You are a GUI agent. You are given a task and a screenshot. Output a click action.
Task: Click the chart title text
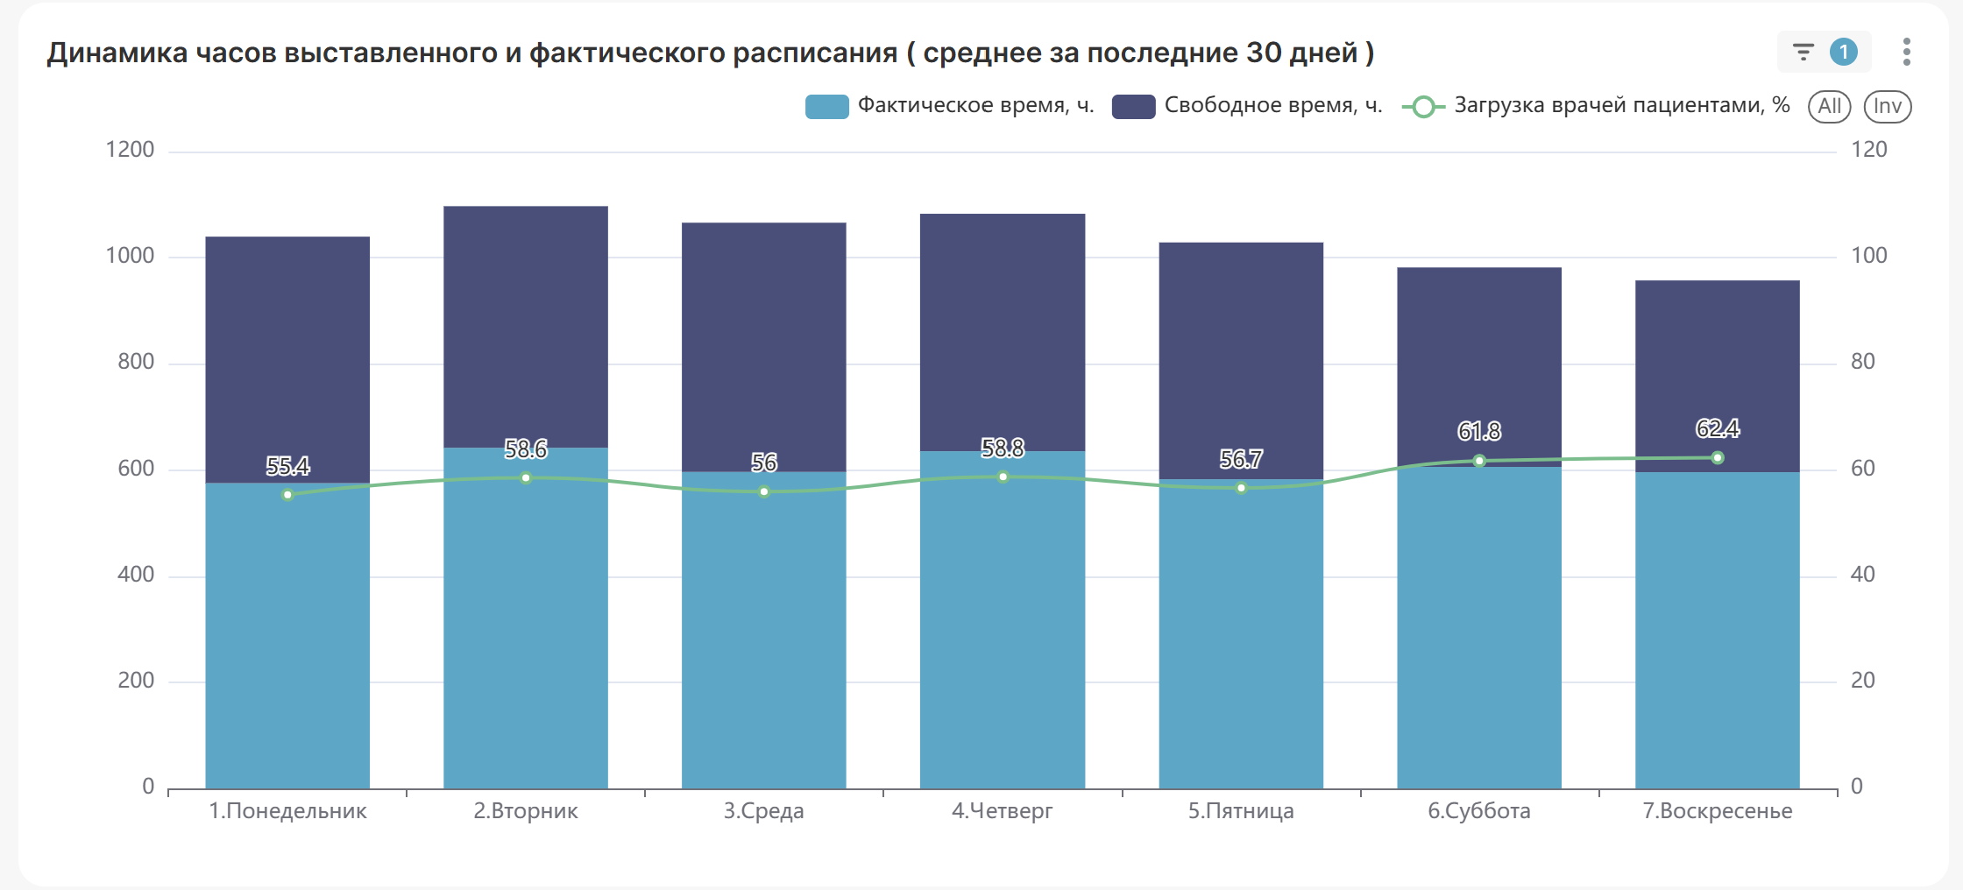[x=710, y=53]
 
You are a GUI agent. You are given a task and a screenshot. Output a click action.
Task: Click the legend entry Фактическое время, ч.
[x=950, y=106]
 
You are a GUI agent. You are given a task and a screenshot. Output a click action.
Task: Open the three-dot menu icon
[x=1906, y=53]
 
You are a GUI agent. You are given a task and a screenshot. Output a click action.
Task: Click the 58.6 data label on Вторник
[x=526, y=449]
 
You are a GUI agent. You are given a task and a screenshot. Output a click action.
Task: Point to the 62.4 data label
[x=1718, y=428]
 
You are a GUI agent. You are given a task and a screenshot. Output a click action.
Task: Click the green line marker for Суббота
[x=1479, y=461]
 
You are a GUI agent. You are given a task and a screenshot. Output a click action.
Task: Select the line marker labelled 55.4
[x=287, y=495]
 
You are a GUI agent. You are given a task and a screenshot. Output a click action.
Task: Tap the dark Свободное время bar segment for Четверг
[x=1003, y=333]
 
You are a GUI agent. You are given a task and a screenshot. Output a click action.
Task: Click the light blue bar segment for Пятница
[x=1241, y=639]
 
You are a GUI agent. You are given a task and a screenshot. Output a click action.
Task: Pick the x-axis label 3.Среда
[x=763, y=811]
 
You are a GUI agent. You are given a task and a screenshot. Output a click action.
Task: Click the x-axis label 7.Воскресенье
[x=1717, y=811]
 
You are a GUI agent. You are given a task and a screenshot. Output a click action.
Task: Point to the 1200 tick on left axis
[x=130, y=150]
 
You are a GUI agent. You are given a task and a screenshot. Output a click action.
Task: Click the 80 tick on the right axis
[x=1863, y=362]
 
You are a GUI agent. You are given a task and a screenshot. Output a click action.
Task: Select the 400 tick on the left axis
[x=136, y=575]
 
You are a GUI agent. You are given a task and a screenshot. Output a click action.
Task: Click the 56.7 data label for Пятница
[x=1241, y=459]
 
